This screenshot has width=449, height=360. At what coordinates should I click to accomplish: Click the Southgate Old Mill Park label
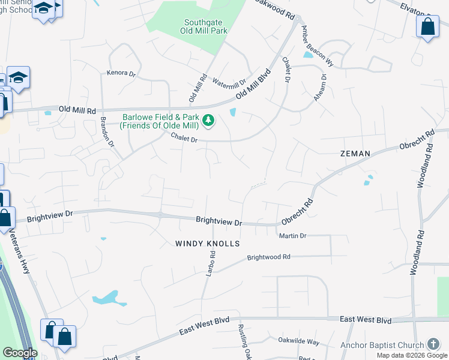coord(204,27)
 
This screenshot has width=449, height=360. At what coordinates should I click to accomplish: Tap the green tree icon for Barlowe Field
coord(208,121)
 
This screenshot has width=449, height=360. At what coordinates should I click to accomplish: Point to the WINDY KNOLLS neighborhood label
coord(208,244)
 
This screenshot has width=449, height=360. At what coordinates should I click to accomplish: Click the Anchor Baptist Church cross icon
coord(433,344)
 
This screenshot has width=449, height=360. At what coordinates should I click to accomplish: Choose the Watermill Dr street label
coord(229,83)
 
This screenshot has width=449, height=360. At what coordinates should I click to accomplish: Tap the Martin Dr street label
coord(293,236)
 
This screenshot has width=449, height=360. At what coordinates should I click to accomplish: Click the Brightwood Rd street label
coord(269,257)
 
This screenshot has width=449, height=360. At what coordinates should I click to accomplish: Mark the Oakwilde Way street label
coord(299,341)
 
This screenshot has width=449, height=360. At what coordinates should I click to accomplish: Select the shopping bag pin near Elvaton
coord(427,27)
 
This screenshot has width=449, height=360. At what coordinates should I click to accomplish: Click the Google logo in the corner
coord(20,353)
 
